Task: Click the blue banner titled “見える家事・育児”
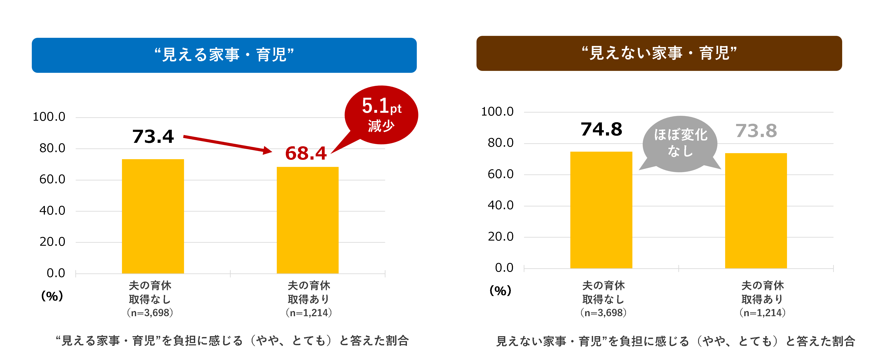[224, 55]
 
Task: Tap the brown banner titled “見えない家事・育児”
[659, 53]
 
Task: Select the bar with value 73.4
[153, 216]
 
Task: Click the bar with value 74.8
[601, 210]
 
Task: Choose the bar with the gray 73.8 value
[756, 211]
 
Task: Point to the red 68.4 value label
[306, 153]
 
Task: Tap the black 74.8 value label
[601, 129]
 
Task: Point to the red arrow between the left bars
[228, 144]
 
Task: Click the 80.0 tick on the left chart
[52, 148]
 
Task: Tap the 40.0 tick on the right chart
[501, 205]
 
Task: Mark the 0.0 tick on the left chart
[56, 273]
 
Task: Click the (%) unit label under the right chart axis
[500, 290]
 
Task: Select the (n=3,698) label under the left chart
[150, 313]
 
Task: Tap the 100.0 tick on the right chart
[497, 111]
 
